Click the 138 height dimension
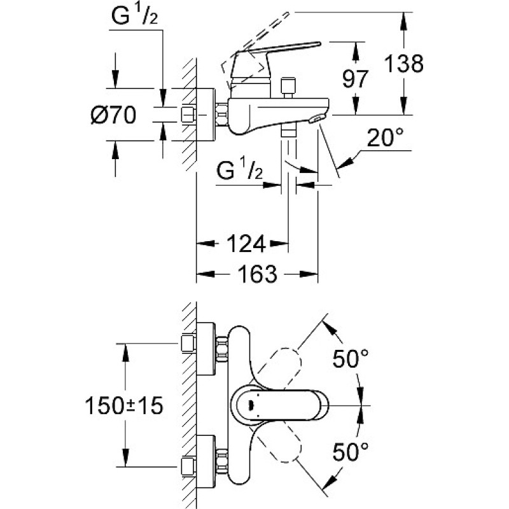coord(404,63)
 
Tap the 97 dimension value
coord(356,79)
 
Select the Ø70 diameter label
coord(113,115)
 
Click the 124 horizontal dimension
coord(246,244)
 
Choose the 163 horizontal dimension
coord(258,274)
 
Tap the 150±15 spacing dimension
coord(123,405)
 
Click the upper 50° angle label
coord(351,358)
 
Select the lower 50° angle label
coord(351,452)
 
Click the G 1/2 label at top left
coord(134,15)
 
